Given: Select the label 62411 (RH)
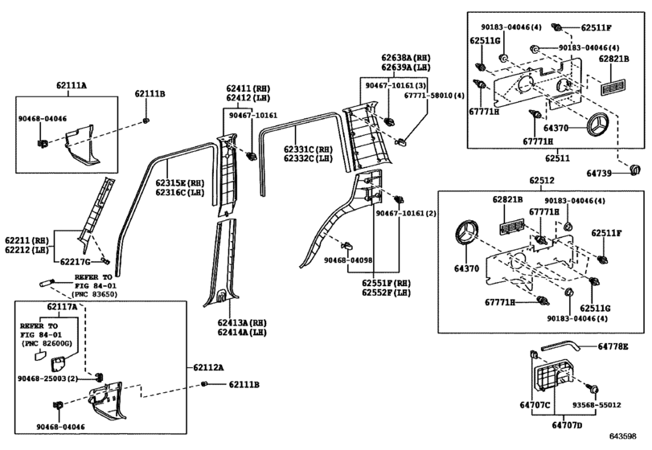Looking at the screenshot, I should click(250, 88).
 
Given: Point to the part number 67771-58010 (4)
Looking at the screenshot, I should click(435, 96).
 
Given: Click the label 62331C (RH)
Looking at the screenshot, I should click(308, 149).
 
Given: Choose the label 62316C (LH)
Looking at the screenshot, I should click(181, 194).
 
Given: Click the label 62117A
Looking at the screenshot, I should click(62, 308).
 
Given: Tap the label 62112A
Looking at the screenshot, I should click(208, 366).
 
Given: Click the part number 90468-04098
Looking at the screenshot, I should click(348, 260).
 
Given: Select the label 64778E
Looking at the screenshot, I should click(613, 346).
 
